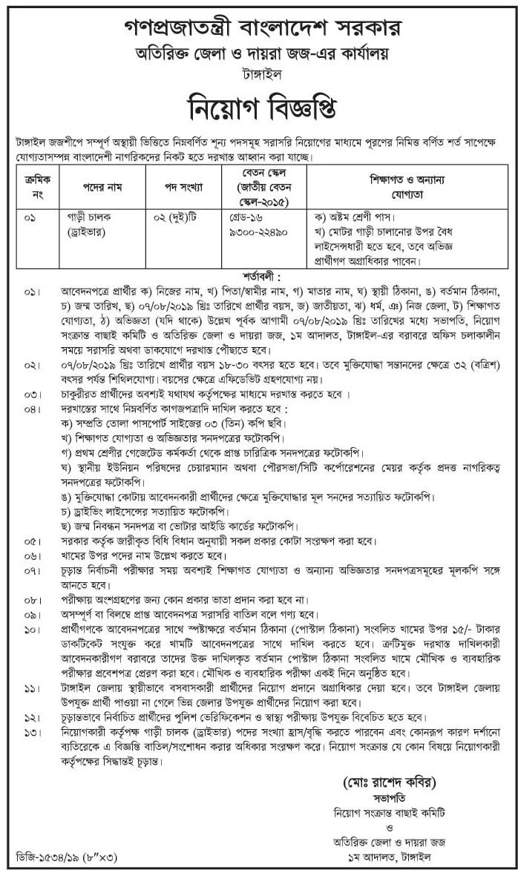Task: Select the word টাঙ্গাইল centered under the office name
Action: pyautogui.click(x=258, y=76)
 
